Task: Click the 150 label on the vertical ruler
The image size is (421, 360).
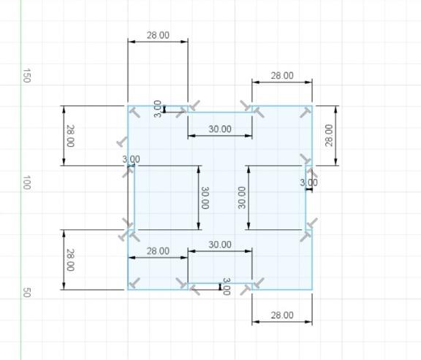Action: click(x=26, y=76)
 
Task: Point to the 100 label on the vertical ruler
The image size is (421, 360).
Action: click(x=26, y=183)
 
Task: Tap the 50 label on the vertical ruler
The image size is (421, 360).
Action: click(x=26, y=292)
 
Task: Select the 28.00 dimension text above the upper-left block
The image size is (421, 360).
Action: click(x=158, y=35)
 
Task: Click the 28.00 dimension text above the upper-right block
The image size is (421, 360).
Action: click(x=282, y=76)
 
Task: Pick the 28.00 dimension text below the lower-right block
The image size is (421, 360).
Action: click(x=282, y=315)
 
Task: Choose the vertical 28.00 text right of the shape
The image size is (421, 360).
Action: click(x=329, y=136)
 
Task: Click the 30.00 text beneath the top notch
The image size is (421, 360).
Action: click(x=220, y=129)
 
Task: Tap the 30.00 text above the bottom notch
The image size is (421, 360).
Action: click(x=220, y=245)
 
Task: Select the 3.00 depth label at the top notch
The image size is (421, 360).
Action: click(x=158, y=109)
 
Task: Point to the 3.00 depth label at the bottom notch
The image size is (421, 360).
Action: click(x=227, y=286)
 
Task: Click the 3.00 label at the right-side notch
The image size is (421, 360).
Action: click(x=308, y=183)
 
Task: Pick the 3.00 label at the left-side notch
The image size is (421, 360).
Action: click(x=131, y=159)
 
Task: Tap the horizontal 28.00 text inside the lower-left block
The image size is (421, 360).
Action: click(x=158, y=251)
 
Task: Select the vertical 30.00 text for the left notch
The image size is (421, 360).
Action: click(x=205, y=198)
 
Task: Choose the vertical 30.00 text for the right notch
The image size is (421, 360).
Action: click(x=242, y=198)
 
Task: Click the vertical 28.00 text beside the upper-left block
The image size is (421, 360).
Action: click(x=70, y=136)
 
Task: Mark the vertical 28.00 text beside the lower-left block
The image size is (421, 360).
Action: click(x=70, y=260)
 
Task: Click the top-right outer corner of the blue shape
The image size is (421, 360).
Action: click(x=312, y=106)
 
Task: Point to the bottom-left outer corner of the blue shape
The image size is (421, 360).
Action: click(x=128, y=289)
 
